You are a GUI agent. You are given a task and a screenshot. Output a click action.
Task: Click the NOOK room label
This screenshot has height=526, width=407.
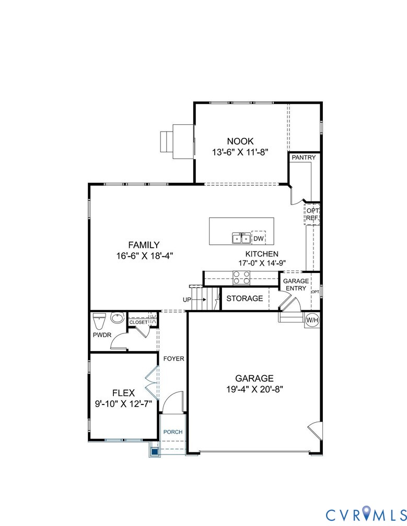pyautogui.click(x=240, y=141)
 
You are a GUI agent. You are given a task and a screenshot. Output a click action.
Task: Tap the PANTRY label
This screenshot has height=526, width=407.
pyautogui.click(x=304, y=157)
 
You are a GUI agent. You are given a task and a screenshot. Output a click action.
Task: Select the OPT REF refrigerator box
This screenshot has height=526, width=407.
pyautogui.click(x=312, y=214)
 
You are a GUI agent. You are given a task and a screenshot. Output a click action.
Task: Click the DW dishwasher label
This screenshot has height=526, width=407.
pyautogui.click(x=258, y=238)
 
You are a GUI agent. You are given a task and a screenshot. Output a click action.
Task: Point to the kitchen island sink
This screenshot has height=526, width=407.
pyautogui.click(x=241, y=238)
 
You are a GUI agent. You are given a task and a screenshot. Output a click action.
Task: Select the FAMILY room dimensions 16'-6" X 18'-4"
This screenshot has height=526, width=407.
pyautogui.click(x=144, y=256)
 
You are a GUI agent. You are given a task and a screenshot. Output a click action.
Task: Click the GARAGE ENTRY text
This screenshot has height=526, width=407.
pyautogui.click(x=296, y=285)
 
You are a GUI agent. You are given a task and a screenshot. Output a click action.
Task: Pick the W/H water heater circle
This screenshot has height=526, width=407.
pyautogui.click(x=312, y=319)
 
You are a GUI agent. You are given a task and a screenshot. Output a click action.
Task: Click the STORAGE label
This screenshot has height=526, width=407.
pyautogui.click(x=245, y=298)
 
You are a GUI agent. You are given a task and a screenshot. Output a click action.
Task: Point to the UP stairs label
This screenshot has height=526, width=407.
pyautogui.click(x=187, y=300)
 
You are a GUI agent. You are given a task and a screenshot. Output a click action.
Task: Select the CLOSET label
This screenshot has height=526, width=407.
pyautogui.click(x=138, y=322)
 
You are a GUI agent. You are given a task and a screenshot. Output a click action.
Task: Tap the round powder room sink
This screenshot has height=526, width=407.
pyautogui.click(x=117, y=318)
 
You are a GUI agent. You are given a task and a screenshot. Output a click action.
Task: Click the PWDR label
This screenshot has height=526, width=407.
pyautogui.click(x=102, y=334)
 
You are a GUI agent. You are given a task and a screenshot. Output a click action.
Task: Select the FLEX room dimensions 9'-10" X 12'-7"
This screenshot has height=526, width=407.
pyautogui.click(x=124, y=403)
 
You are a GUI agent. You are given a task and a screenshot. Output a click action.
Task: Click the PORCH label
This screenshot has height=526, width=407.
pyautogui.click(x=173, y=432)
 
